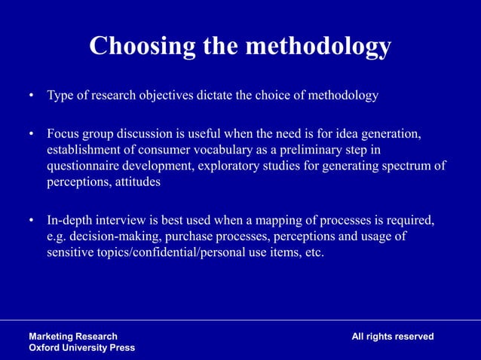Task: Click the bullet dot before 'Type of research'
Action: click(32, 97)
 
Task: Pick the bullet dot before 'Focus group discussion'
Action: click(32, 135)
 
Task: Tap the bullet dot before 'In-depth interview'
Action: click(32, 221)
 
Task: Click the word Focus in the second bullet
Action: click(63, 134)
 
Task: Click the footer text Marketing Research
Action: click(73, 336)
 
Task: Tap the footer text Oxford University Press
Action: click(82, 347)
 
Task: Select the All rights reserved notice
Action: click(392, 336)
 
